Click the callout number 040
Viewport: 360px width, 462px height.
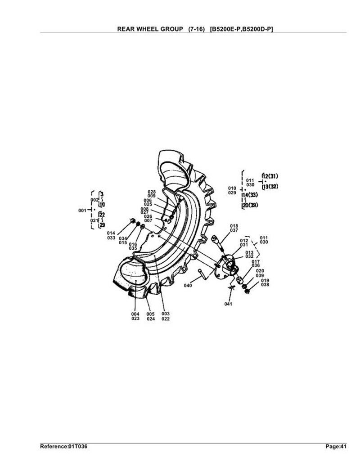click(x=188, y=285)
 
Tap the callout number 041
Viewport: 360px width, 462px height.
click(x=228, y=304)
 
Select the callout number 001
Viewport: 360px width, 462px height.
click(x=82, y=211)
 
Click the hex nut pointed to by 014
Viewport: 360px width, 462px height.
click(x=133, y=221)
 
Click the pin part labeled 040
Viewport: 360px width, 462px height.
click(x=203, y=274)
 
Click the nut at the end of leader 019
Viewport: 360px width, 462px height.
click(x=247, y=291)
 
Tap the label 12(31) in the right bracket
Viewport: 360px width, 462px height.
click(x=270, y=176)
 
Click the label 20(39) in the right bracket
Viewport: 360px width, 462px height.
click(x=250, y=205)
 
